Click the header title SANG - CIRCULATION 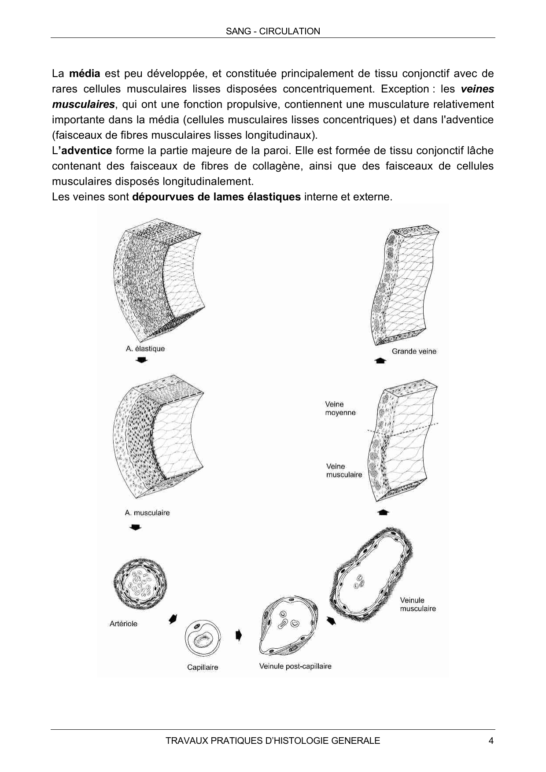(273, 31)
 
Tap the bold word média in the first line (85, 74)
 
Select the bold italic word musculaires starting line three (83, 104)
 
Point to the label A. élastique (145, 349)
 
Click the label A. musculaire (147, 513)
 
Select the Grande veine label (414, 351)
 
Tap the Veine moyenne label (340, 408)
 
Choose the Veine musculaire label (344, 470)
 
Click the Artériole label (123, 624)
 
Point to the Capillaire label (203, 667)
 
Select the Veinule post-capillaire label (295, 666)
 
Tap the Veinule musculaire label (418, 604)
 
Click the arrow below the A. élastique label (141, 360)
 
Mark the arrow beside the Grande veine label (380, 361)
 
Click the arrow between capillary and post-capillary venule (239, 635)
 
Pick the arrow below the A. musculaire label (136, 527)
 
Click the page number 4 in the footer (491, 741)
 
